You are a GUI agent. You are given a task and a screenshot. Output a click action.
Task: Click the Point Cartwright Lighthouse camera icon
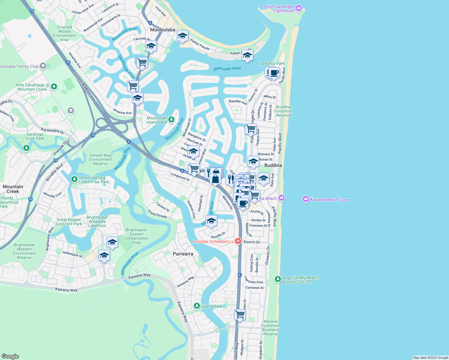click(299, 8)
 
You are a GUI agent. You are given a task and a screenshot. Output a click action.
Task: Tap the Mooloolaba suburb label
click(163, 30)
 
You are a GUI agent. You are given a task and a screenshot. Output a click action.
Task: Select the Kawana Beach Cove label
click(329, 199)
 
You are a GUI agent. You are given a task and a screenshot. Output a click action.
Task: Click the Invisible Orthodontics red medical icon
click(238, 241)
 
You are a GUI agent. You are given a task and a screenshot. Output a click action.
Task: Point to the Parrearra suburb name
click(183, 254)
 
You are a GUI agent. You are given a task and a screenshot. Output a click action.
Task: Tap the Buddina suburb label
click(273, 165)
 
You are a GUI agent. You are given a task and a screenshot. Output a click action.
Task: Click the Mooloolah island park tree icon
click(171, 120)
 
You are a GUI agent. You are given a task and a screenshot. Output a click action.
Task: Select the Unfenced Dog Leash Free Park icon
click(74, 179)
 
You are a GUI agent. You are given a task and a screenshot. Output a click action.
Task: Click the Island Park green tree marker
click(197, 306)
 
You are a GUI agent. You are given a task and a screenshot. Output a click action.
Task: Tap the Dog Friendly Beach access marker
click(278, 279)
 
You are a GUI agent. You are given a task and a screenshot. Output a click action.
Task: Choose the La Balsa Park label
click(272, 63)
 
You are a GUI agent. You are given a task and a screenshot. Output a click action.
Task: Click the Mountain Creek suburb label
click(13, 189)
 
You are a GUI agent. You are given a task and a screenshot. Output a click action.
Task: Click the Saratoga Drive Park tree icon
click(26, 148)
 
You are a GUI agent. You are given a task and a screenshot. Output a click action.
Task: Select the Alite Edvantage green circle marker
click(54, 87)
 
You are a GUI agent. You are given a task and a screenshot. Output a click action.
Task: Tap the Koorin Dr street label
click(252, 242)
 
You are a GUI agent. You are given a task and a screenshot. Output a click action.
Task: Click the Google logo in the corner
click(10, 356)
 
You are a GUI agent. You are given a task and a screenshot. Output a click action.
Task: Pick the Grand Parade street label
click(157, 214)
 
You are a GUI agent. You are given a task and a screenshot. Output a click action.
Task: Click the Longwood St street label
click(180, 177)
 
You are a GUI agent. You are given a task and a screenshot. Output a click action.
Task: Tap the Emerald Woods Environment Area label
click(64, 33)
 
